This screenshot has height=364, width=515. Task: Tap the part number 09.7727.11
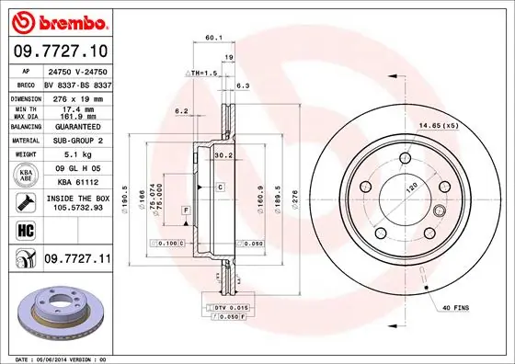76,261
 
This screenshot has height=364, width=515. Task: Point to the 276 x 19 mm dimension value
75,97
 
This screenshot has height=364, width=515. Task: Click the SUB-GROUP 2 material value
75,141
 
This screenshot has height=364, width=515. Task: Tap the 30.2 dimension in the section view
223,155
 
